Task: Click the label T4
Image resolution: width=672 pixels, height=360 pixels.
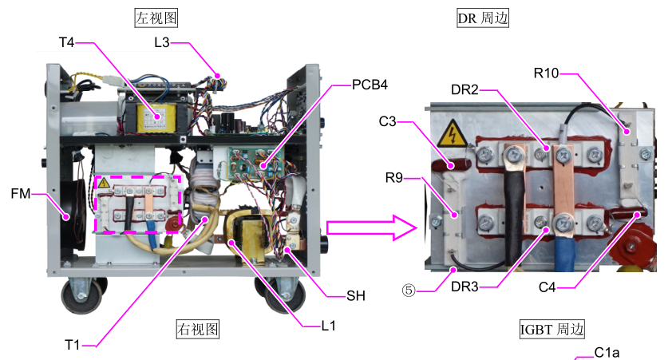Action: click(x=67, y=42)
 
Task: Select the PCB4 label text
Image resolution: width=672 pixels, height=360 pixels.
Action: click(x=370, y=85)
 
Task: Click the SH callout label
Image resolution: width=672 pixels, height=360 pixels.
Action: click(x=355, y=295)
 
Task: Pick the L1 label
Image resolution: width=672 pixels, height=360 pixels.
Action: click(x=328, y=326)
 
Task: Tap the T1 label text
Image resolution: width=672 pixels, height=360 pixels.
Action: click(x=73, y=344)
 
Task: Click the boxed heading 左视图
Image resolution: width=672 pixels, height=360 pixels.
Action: click(x=156, y=17)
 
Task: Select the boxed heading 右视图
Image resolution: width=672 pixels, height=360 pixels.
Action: click(x=196, y=329)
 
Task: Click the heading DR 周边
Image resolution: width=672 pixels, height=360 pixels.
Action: click(x=483, y=17)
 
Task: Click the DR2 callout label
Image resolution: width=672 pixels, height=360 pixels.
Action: click(x=464, y=90)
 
